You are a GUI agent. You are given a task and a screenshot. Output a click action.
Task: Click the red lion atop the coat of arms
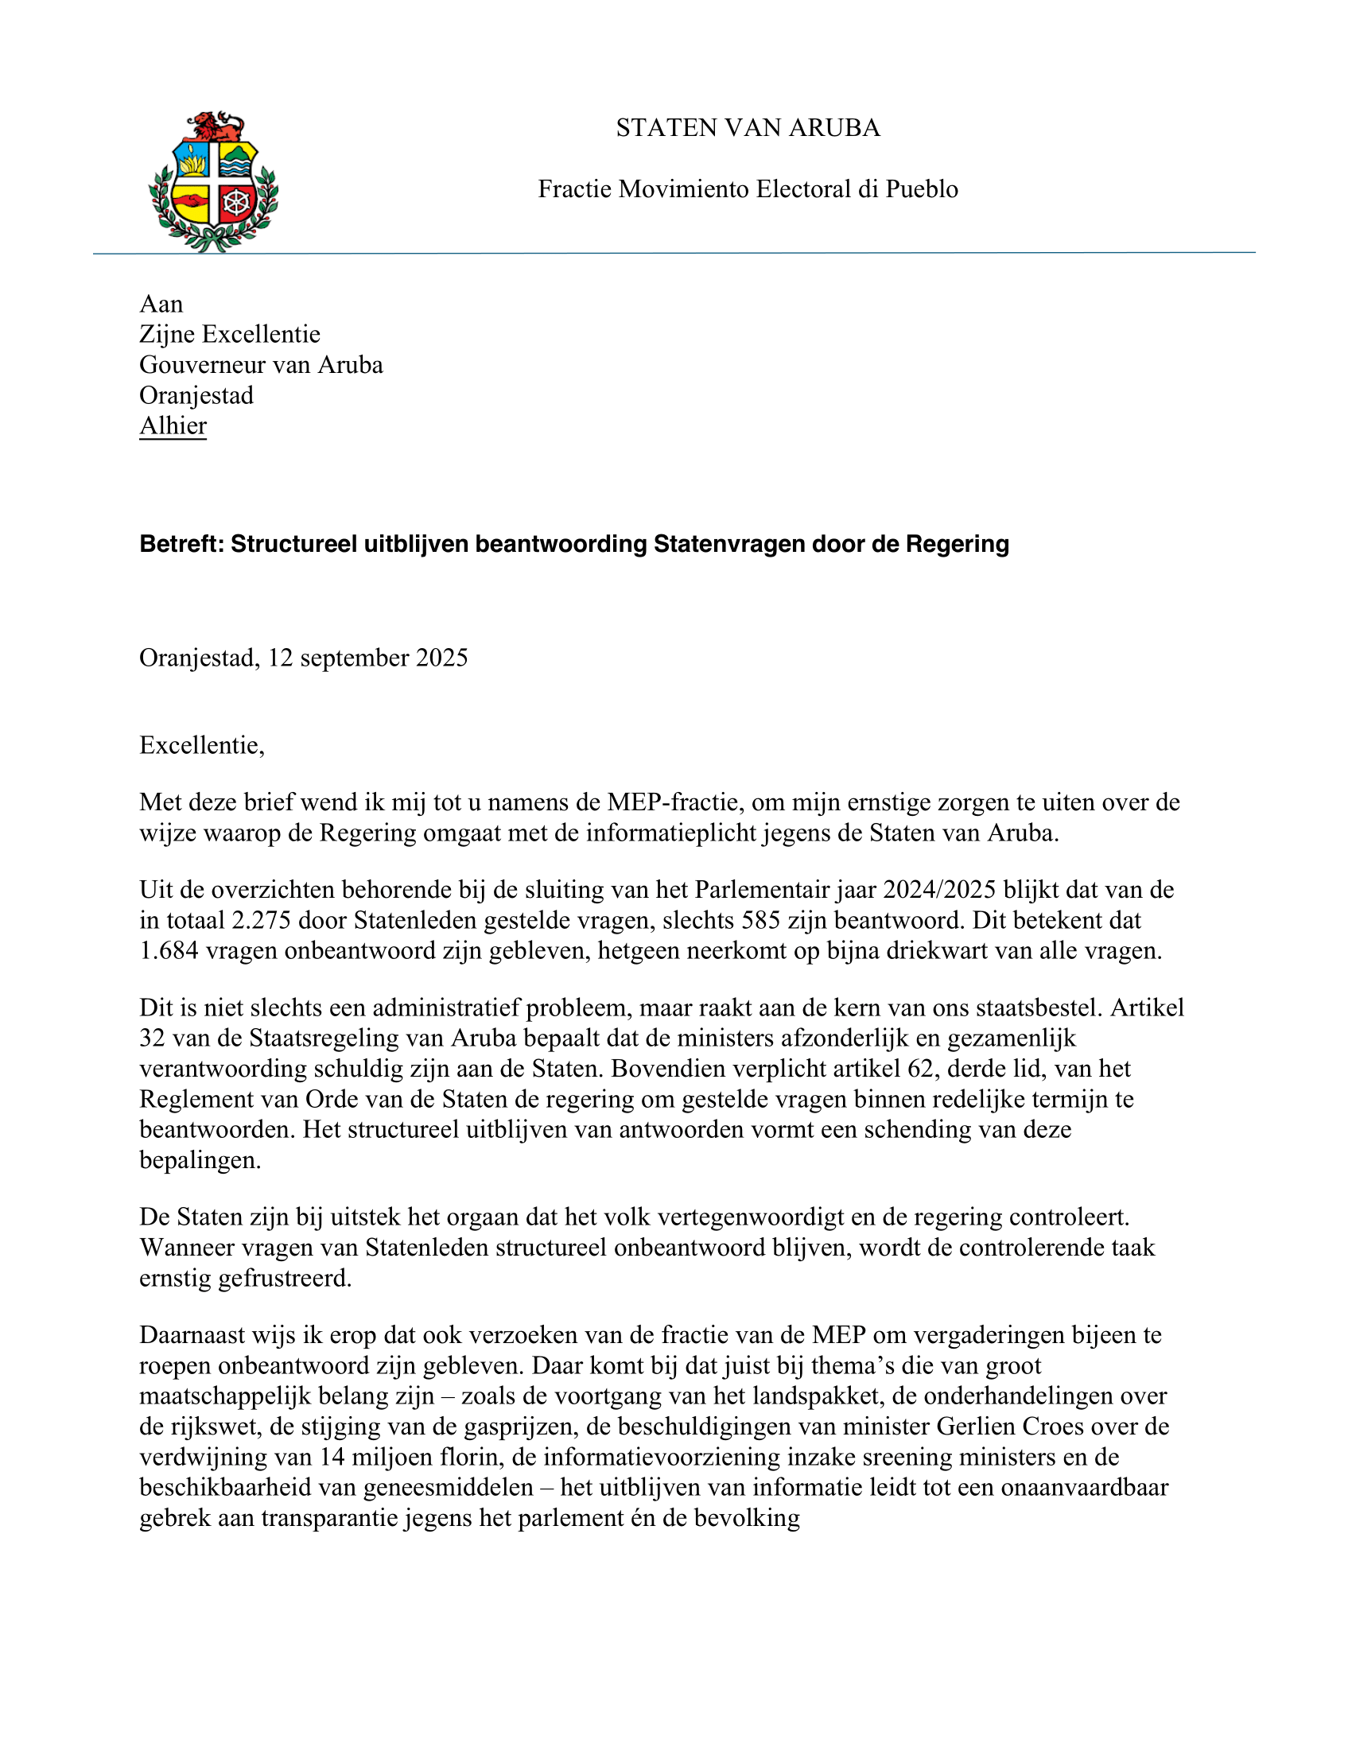[x=214, y=126]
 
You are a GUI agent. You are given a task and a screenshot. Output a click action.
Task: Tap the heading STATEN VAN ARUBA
[x=748, y=128]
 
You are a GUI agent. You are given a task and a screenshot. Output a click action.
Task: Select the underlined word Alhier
[x=173, y=425]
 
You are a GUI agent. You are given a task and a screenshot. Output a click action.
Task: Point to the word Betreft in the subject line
[x=181, y=545]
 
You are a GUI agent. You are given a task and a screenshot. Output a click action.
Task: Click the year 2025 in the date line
[x=442, y=658]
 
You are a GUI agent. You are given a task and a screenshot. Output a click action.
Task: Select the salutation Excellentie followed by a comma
[x=200, y=746]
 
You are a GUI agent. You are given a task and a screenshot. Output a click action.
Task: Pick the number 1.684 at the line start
[x=169, y=951]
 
